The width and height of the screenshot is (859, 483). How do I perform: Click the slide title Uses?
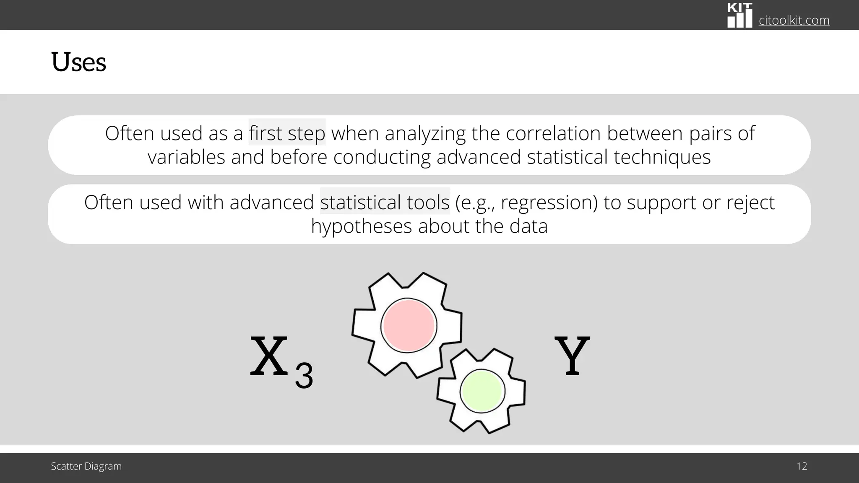coord(78,62)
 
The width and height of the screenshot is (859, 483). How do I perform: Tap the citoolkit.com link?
coord(794,20)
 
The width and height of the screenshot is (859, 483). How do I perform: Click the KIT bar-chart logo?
coord(739,16)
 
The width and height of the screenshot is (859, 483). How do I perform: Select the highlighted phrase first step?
coord(287,133)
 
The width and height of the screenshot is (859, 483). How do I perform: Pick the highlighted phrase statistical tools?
coord(385,202)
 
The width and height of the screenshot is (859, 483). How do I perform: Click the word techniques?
coord(662,157)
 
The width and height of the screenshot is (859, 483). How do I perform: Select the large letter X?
coord(269,356)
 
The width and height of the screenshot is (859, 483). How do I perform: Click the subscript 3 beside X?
coord(304,376)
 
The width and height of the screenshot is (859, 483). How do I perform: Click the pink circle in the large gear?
coord(409,325)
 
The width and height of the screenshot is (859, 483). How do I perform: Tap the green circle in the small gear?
coord(482,392)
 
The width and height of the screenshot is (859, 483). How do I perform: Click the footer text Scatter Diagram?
coord(86,466)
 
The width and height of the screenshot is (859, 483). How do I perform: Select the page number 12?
coord(802,466)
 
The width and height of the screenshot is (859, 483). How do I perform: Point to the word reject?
coord(750,203)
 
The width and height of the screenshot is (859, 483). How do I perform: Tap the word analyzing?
coord(425,134)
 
